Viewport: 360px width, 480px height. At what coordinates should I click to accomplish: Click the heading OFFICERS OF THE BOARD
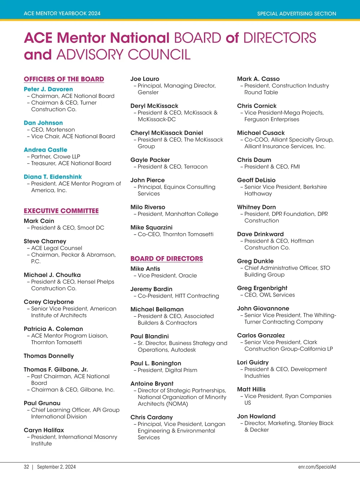pos(64,79)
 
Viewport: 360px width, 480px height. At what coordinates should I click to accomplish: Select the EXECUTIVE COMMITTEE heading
pos(61,211)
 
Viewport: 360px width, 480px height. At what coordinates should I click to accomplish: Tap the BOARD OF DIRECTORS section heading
pos(166,259)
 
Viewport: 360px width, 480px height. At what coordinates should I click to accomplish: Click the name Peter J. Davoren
pos(48,89)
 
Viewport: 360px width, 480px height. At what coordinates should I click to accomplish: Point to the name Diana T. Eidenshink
pos(53,177)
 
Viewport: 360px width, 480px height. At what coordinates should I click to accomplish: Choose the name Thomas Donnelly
pos(49,356)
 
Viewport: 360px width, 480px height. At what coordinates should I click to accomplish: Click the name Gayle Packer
pos(150,160)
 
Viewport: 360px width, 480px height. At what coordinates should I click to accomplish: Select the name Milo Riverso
pos(148,207)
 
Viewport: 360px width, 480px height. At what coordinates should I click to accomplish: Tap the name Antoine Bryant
pos(152,383)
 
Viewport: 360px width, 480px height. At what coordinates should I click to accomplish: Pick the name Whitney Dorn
pos(256,207)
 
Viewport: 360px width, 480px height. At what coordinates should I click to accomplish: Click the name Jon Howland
pos(256,416)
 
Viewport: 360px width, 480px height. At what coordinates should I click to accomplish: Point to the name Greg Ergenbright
pos(262,288)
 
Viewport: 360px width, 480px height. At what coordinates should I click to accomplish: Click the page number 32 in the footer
pos(26,467)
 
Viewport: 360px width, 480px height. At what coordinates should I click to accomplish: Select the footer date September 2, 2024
pos(56,467)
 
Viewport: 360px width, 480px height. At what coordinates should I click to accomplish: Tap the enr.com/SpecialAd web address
pos(317,467)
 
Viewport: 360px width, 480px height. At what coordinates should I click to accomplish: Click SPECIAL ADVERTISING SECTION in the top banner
pos(296,13)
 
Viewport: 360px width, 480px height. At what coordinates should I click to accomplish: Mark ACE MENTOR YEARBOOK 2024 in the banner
pos(62,13)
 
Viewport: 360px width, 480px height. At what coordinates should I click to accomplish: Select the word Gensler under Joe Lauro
pos(148,92)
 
